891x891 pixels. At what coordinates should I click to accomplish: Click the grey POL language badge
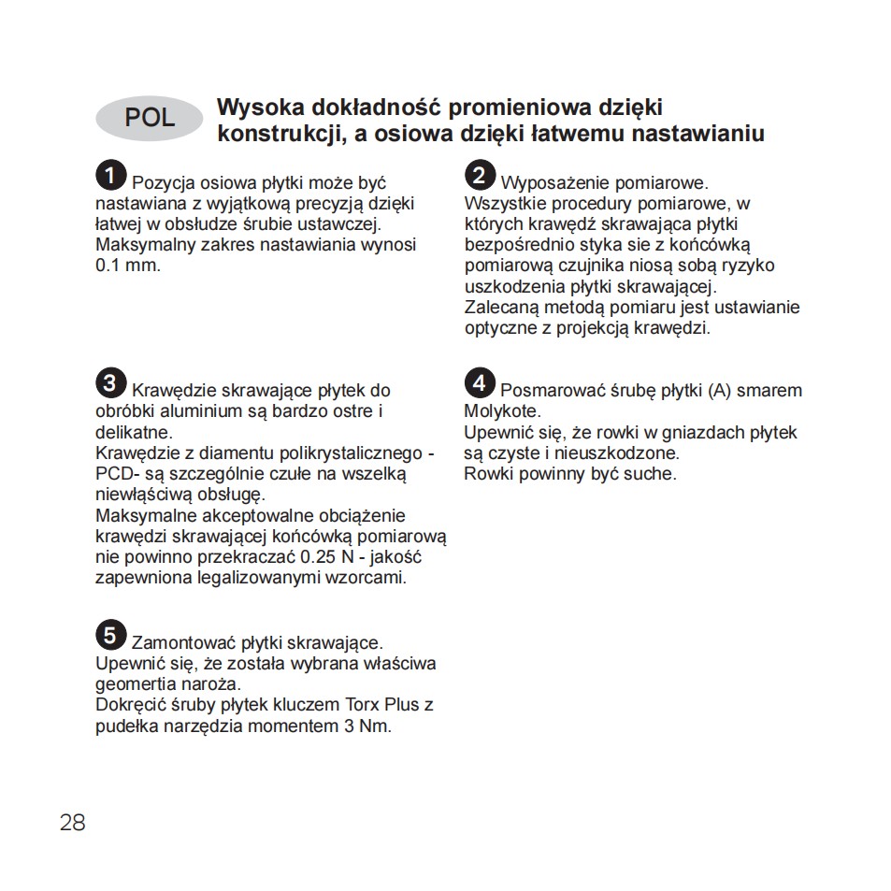coord(149,117)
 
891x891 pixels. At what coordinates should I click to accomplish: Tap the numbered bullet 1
coord(110,175)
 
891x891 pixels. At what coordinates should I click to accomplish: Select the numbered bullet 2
coord(479,175)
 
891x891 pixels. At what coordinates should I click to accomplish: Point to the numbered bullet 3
coord(110,382)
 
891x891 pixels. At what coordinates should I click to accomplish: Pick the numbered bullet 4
coord(479,382)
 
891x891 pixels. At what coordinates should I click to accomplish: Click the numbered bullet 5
coord(110,636)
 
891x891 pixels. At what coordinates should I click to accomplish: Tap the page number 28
coord(72,823)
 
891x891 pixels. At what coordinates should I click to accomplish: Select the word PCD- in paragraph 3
coord(118,474)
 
